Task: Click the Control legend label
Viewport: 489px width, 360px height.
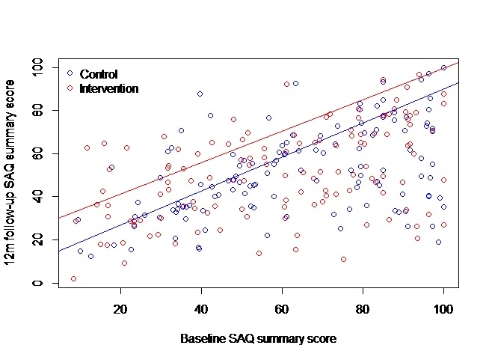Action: coord(99,74)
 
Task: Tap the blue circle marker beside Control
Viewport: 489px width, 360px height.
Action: coord(70,73)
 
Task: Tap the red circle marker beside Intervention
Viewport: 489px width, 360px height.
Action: coord(70,88)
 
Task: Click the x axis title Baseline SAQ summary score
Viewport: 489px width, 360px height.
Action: coord(258,338)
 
